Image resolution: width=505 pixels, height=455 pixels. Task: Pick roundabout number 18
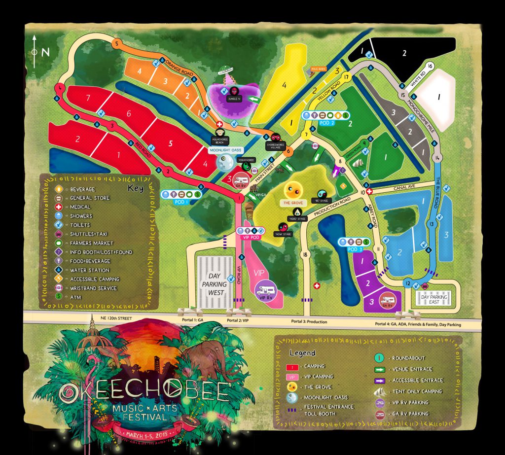pyautogui.click(x=306, y=254)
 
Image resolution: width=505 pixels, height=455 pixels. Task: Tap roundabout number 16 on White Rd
pyautogui.click(x=430, y=66)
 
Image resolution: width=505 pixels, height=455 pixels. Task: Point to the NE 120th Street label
pyautogui.click(x=115, y=318)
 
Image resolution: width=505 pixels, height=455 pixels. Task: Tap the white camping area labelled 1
pyautogui.click(x=438, y=98)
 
